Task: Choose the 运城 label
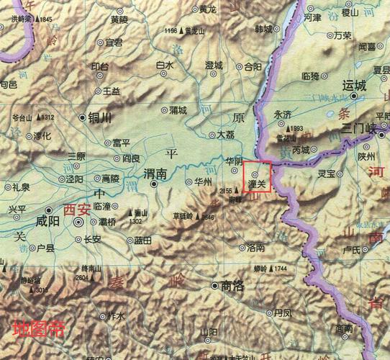click(x=355, y=84)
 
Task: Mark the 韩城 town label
click(x=264, y=30)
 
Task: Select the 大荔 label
click(x=225, y=135)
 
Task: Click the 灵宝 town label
click(x=326, y=174)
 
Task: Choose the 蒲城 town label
click(x=177, y=110)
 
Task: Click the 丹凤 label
click(x=283, y=313)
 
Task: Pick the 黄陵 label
click(x=119, y=20)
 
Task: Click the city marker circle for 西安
click(x=78, y=223)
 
